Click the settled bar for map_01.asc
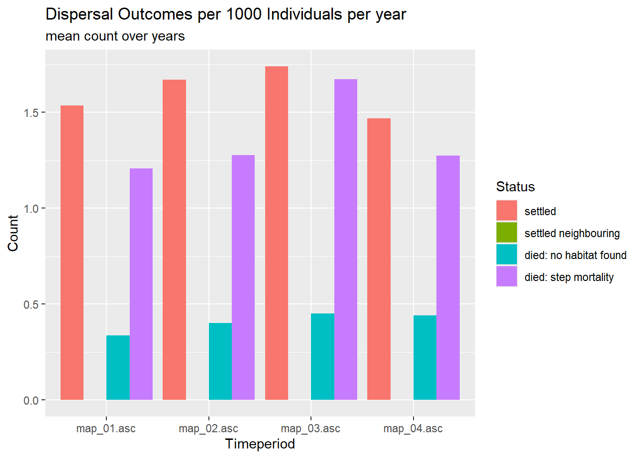click(x=72, y=252)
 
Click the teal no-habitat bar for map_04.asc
click(x=425, y=357)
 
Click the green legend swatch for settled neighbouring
click(x=507, y=233)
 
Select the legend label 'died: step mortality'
click(x=569, y=277)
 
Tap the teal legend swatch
click(x=507, y=255)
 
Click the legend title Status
click(x=515, y=187)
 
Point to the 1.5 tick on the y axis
click(x=31, y=113)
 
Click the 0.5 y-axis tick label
click(x=31, y=304)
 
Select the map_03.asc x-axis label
click(x=310, y=428)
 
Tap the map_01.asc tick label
click(x=106, y=428)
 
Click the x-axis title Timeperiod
click(x=260, y=444)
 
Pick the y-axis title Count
click(x=13, y=233)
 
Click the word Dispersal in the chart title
click(x=80, y=14)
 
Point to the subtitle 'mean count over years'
click(x=115, y=36)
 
